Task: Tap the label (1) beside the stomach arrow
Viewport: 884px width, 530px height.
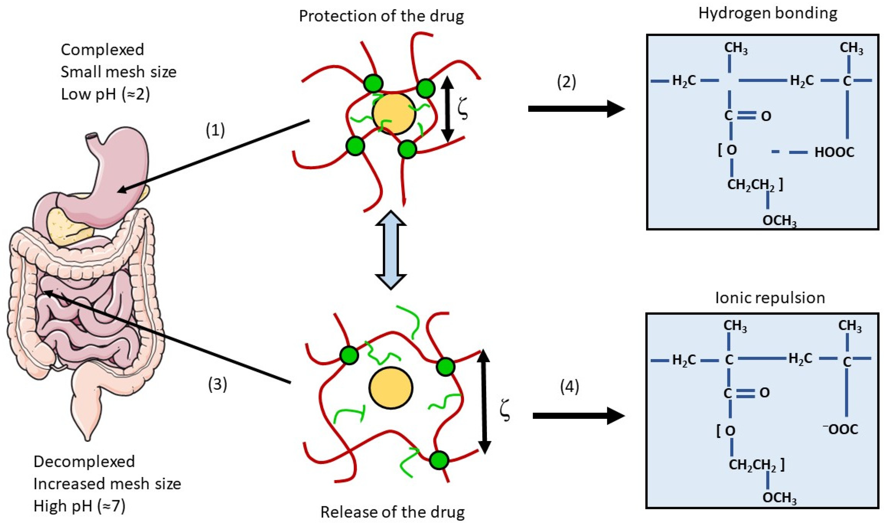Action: [216, 130]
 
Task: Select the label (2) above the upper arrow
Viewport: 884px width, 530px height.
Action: [566, 82]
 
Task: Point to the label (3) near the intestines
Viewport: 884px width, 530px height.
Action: [217, 384]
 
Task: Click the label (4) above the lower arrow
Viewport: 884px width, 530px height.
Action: [569, 387]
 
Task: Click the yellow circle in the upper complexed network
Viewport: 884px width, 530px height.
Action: [394, 114]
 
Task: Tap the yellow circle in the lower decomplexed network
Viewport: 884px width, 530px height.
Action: [391, 387]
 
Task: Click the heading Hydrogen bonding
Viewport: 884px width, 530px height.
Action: [768, 13]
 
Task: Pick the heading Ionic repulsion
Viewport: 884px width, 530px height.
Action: [770, 298]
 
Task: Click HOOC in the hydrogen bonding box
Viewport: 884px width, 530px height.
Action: [834, 152]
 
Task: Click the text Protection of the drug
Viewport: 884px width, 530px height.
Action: [381, 16]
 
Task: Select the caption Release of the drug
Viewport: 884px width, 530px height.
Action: [392, 512]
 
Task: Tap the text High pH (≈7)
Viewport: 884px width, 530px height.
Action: [79, 506]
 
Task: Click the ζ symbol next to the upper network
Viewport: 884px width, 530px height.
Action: [463, 110]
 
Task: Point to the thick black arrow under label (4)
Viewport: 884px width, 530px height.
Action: [578, 416]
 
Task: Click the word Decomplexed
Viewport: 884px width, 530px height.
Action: [84, 462]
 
